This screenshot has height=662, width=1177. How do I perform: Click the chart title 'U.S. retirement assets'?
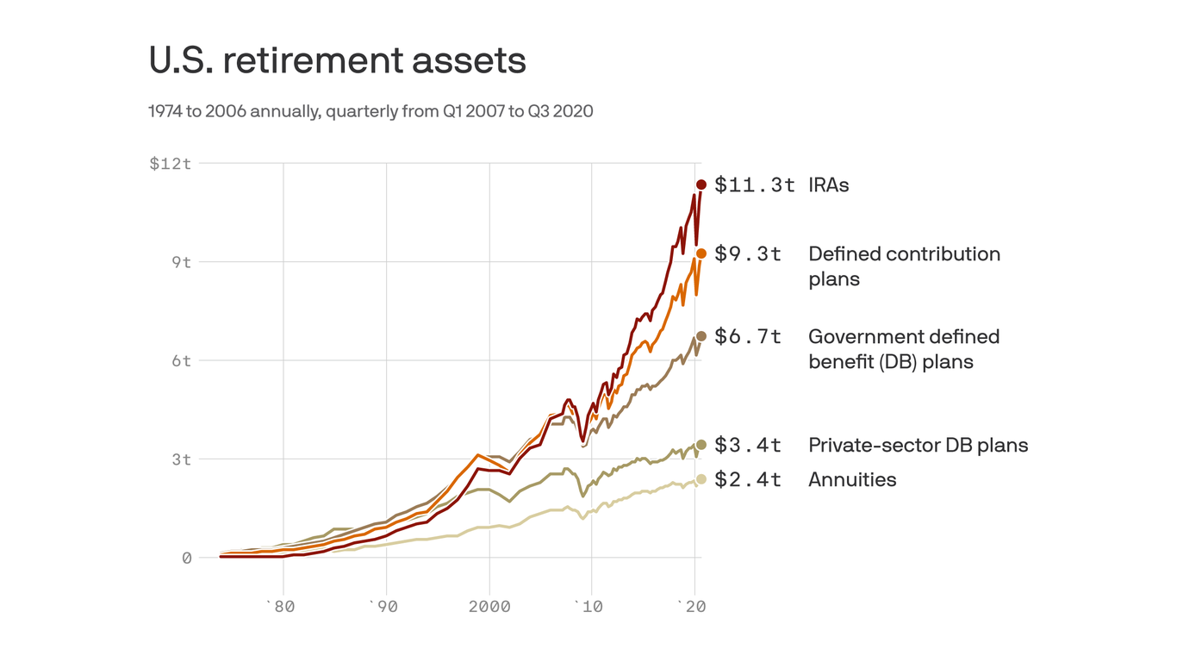[337, 60]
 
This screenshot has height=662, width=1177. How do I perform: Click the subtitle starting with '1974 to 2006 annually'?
[371, 111]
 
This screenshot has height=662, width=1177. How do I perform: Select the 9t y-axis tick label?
[181, 262]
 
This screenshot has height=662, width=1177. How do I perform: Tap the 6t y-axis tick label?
[181, 360]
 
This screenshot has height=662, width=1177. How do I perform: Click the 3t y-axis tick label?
[181, 459]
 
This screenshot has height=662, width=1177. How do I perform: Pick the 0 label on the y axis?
[186, 558]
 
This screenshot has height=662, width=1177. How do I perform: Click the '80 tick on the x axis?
[280, 606]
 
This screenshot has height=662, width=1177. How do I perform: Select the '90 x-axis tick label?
[383, 606]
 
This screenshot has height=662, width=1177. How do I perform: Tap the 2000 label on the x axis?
[489, 606]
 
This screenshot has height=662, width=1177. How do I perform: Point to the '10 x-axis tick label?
[589, 606]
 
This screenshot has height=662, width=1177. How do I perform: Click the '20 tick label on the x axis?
[691, 606]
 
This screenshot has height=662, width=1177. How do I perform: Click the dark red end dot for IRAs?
[701, 184]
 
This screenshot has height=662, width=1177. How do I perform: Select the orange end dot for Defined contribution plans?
[701, 253]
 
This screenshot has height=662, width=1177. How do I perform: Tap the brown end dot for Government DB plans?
[701, 336]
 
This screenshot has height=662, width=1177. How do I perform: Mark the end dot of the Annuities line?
[701, 479]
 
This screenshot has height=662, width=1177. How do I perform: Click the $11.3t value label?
[754, 184]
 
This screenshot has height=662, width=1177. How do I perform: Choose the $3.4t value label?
[747, 445]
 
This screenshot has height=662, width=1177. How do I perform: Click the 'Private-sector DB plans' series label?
[918, 445]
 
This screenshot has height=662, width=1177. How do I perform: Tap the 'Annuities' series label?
[852, 479]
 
